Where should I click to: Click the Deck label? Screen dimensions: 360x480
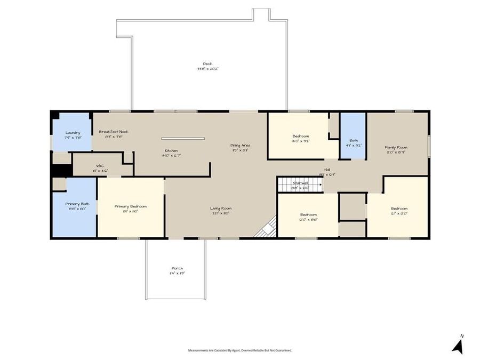coord(207,64)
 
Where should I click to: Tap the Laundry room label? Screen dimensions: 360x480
coord(73,133)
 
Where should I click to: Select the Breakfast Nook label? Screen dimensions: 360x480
coord(114,132)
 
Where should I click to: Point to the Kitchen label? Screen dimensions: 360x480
coord(171,150)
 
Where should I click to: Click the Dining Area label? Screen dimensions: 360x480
coord(240,145)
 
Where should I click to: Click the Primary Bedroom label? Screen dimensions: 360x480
coord(130,206)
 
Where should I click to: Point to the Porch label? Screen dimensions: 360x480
coord(177,268)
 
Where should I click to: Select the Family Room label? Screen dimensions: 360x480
coord(396,147)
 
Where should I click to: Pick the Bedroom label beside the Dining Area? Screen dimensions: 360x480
coord(300,136)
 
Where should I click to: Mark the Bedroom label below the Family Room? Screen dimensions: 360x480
coord(399,209)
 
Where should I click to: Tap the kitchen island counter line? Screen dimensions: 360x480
coord(183,139)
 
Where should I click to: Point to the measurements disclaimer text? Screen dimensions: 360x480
coord(239,350)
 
